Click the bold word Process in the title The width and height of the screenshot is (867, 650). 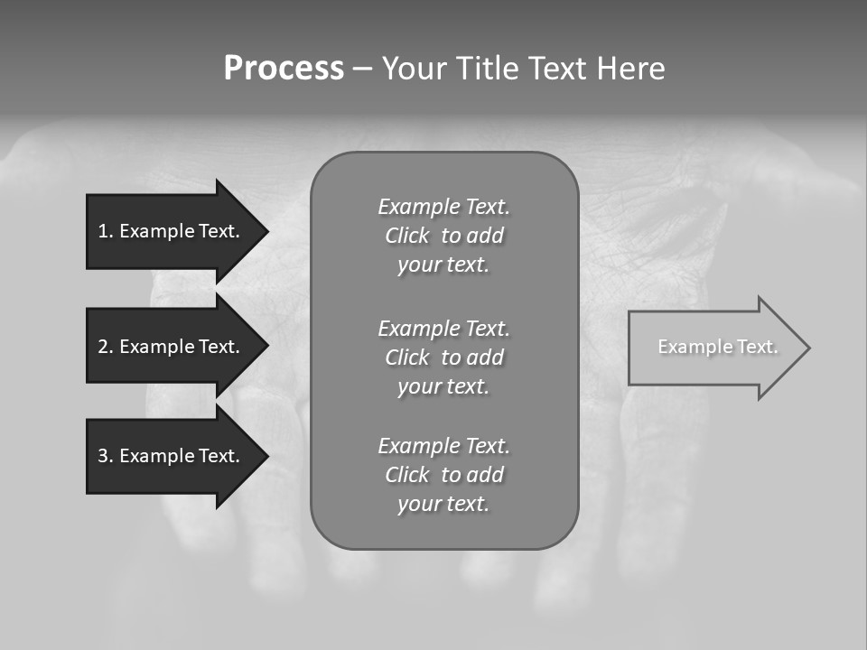(x=284, y=69)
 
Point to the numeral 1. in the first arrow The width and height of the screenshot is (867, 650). (x=105, y=231)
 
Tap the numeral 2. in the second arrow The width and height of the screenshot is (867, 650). (x=105, y=347)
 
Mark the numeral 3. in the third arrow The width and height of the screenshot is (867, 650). (x=105, y=456)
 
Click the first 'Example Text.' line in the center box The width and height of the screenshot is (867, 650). (x=443, y=207)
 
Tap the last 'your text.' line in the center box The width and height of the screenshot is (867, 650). (x=443, y=504)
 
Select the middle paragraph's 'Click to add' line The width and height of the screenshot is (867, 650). (x=443, y=357)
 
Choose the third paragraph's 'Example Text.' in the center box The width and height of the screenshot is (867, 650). (x=443, y=446)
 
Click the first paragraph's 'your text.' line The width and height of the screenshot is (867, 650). (x=443, y=265)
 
